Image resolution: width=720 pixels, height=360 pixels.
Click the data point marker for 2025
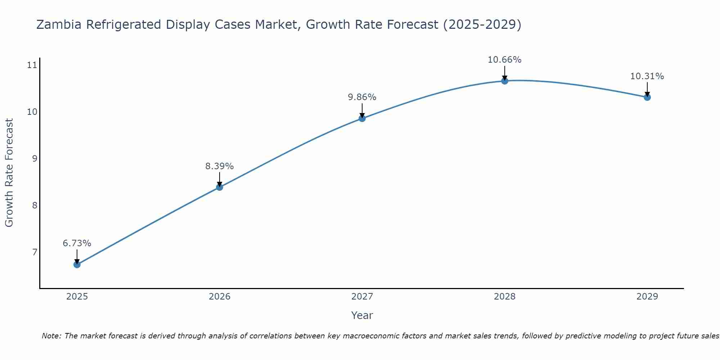point(77,265)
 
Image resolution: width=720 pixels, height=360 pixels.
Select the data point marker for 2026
point(220,187)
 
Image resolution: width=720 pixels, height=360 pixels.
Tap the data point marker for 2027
point(362,118)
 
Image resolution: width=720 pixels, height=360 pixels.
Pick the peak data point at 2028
point(505,81)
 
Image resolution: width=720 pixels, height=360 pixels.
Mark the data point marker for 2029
point(647,97)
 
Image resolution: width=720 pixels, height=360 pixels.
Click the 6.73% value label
point(77,243)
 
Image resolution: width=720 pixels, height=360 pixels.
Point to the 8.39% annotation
point(220,166)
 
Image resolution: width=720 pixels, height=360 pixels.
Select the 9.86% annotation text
point(362,97)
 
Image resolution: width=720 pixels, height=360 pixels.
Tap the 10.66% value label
point(505,60)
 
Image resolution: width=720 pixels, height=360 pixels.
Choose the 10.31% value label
point(647,76)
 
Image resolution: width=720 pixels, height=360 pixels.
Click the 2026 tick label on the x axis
point(220,297)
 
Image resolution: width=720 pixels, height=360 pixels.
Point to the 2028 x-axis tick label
point(505,297)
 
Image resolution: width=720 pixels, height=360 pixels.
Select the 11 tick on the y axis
point(32,65)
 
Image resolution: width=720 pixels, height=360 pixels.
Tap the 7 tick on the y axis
point(35,252)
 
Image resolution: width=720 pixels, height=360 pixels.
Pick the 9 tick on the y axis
point(35,158)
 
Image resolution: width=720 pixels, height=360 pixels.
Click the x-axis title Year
point(362,315)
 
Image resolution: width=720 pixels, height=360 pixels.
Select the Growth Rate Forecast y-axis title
point(9,173)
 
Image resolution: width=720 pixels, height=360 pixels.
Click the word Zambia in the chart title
point(59,25)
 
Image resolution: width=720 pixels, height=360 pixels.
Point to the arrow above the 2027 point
point(362,110)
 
